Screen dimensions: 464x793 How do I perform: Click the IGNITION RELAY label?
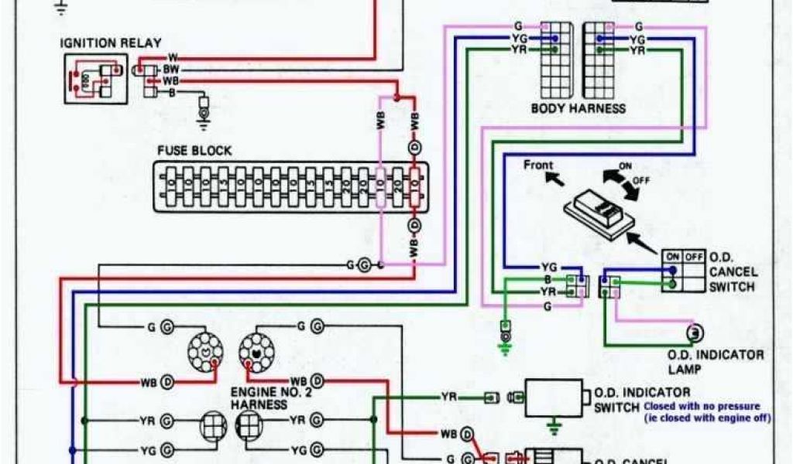[111, 43]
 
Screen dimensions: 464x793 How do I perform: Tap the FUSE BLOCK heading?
[194, 151]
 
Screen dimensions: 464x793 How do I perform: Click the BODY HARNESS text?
[578, 109]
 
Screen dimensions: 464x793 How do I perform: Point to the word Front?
[538, 165]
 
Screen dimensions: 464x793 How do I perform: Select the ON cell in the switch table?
[671, 256]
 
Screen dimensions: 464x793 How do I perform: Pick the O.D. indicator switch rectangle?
[553, 398]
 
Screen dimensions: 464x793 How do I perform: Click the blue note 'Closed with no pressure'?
[702, 406]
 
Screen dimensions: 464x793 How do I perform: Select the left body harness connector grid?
[555, 59]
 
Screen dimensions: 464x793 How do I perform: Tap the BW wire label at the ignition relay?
[171, 69]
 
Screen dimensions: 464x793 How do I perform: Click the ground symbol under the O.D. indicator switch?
[553, 425]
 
